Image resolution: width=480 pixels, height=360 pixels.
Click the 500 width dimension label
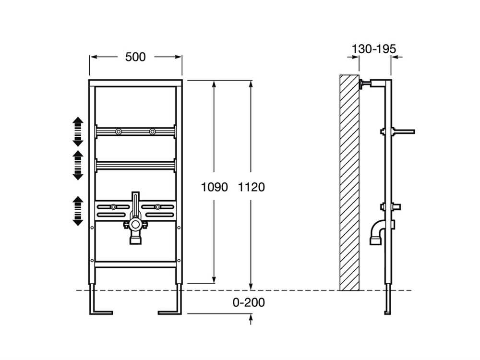pyautogui.click(x=135, y=57)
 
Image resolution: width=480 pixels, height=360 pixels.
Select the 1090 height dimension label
pyautogui.click(x=214, y=187)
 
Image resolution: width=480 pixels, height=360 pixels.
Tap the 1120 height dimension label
pyautogui.click(x=252, y=187)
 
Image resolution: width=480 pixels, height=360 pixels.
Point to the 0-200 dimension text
pyautogui.click(x=249, y=302)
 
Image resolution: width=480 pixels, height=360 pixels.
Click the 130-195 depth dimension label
pyautogui.click(x=374, y=49)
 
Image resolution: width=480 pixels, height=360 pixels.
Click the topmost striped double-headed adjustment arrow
pyautogui.click(x=78, y=132)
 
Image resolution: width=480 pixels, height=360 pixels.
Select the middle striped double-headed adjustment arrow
pyautogui.click(x=78, y=165)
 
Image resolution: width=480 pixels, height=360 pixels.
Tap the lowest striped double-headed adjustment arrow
pyautogui.click(x=78, y=211)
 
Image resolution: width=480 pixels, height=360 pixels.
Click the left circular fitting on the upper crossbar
pyautogui.click(x=119, y=132)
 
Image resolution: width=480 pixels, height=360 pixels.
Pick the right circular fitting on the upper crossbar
pyautogui.click(x=152, y=132)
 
